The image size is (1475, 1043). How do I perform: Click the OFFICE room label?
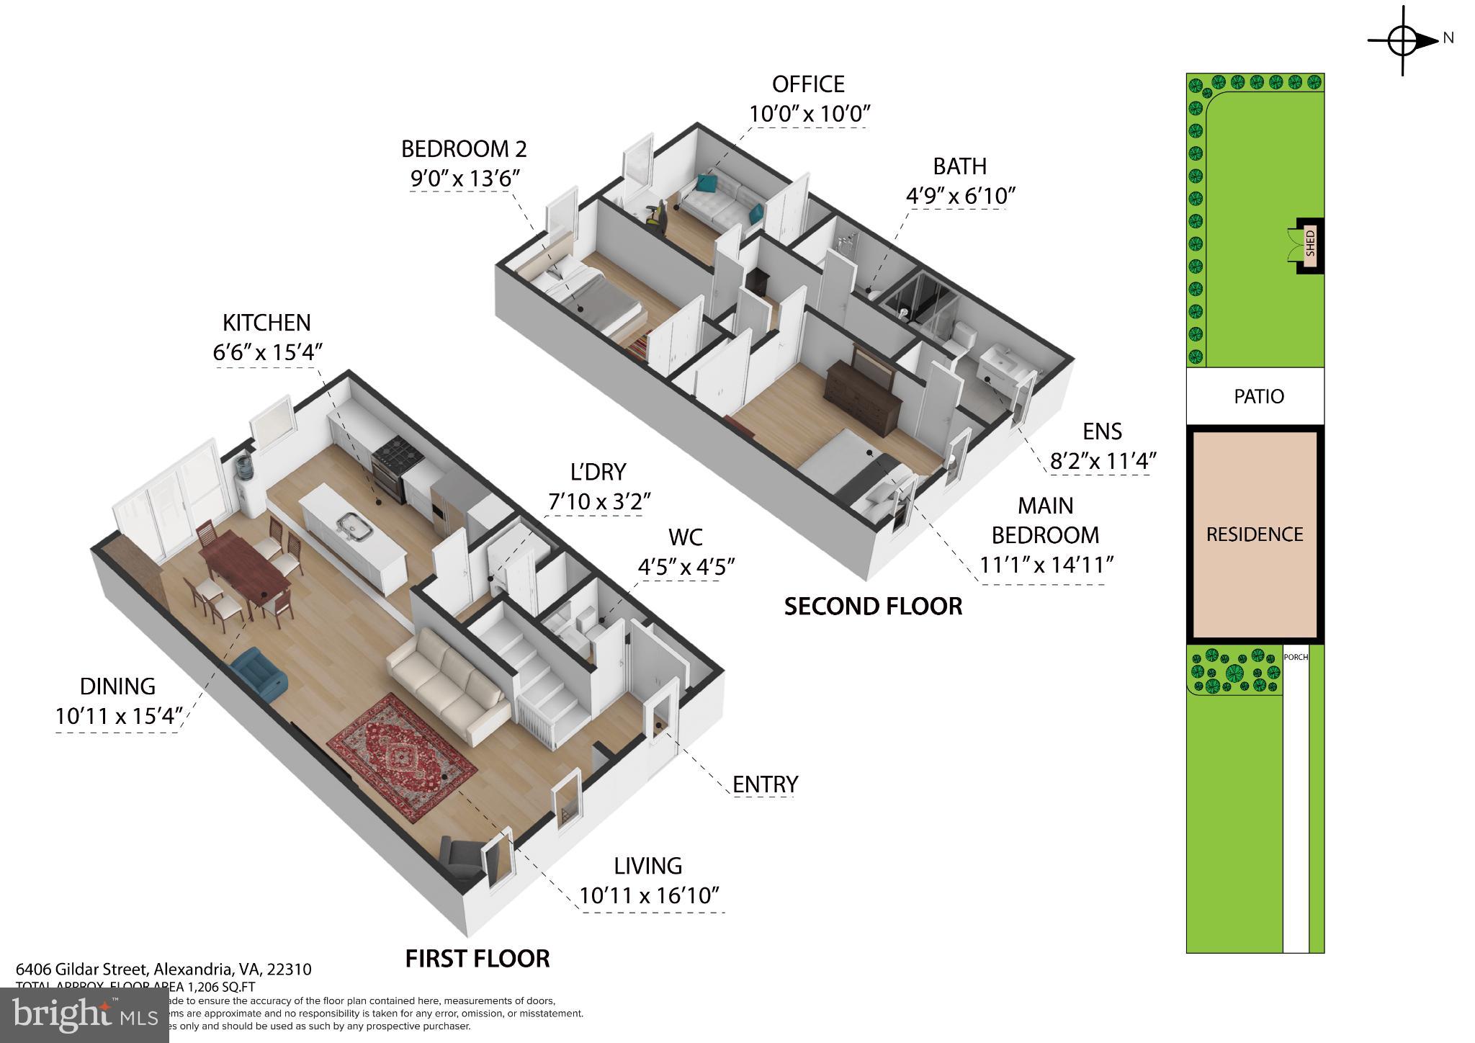(808, 84)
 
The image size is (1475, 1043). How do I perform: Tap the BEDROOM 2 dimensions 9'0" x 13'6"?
(465, 179)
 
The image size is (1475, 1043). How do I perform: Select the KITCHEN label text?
(266, 323)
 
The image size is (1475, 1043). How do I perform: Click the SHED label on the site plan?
(1310, 243)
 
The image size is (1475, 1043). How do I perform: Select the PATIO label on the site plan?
(1258, 396)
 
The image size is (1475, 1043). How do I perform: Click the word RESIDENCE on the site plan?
(1255, 534)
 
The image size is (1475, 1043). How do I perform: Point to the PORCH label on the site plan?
(1296, 657)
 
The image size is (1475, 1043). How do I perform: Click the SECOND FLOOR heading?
(873, 606)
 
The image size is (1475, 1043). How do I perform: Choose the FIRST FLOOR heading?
(478, 959)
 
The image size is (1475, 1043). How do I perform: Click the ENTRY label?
(765, 784)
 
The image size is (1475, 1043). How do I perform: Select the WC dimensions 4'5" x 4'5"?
(686, 567)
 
